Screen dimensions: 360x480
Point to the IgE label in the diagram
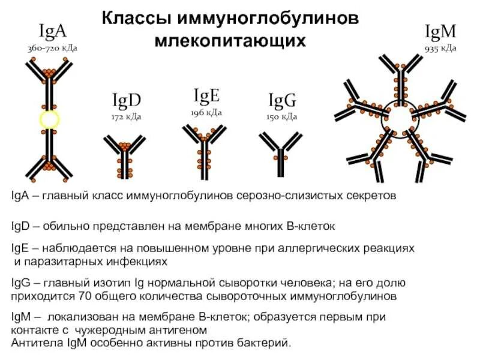206,95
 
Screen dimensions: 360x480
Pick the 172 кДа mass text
126,116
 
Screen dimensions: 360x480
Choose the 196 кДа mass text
206,112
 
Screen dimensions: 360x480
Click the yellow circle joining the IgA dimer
49,119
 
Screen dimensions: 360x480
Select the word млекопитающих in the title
230,41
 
